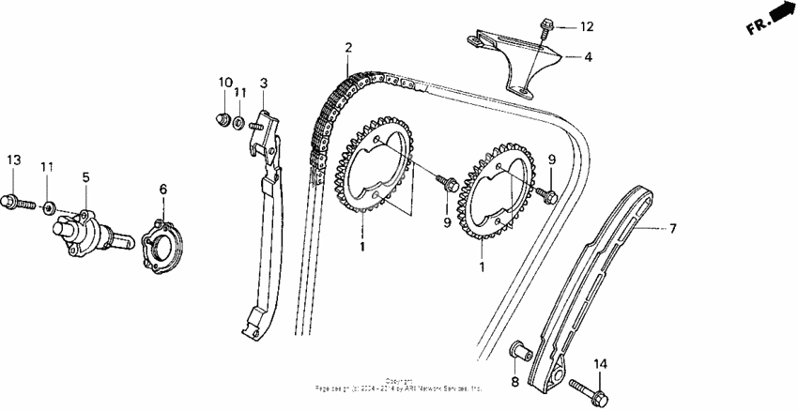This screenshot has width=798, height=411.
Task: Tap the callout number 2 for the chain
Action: click(347, 48)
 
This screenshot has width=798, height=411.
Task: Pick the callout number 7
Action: click(672, 228)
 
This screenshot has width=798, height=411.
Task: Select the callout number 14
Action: click(600, 363)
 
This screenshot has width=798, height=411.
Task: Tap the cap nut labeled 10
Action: click(223, 118)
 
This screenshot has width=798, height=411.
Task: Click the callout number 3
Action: click(265, 84)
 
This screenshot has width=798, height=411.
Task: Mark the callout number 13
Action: click(12, 160)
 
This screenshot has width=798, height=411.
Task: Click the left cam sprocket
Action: click(376, 173)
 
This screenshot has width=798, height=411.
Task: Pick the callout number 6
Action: click(162, 190)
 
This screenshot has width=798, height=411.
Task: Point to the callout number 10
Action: click(224, 83)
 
